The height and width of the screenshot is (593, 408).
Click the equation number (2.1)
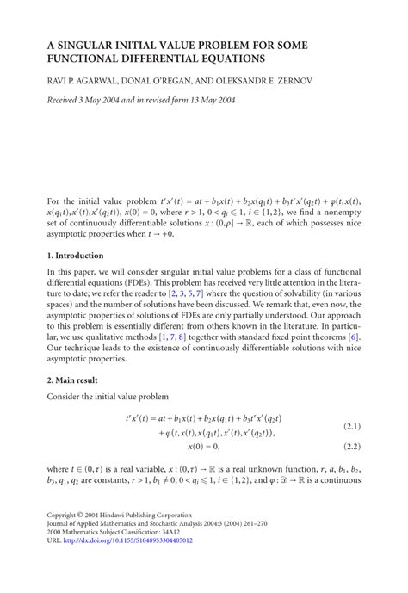tap(353, 427)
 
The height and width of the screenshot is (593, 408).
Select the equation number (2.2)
tap(353, 448)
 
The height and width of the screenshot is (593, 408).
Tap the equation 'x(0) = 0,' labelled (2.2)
tap(204, 448)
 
